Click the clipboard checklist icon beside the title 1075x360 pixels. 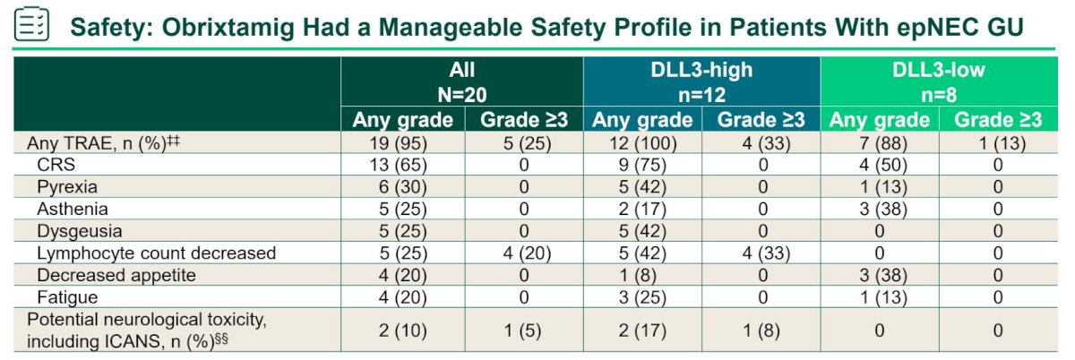click(x=31, y=24)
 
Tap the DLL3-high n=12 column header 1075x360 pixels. click(x=701, y=82)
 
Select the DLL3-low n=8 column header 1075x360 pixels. click(x=939, y=82)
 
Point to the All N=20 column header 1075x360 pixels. click(x=461, y=82)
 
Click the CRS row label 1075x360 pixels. click(x=56, y=165)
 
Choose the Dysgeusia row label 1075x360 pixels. click(x=80, y=231)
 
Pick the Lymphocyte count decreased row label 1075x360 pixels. click(x=157, y=253)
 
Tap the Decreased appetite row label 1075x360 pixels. click(x=116, y=276)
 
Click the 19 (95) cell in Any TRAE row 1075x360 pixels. click(x=399, y=143)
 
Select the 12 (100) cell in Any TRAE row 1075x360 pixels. click(x=642, y=143)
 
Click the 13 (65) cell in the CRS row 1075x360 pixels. click(x=399, y=165)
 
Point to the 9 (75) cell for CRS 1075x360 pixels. click(x=642, y=165)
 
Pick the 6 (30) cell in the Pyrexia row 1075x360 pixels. click(x=402, y=187)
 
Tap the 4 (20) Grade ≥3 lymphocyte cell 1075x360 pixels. click(x=527, y=253)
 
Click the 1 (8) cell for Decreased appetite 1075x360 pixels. click(x=642, y=276)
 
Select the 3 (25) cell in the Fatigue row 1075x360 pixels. click(x=642, y=297)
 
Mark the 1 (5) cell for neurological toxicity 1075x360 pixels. click(x=522, y=330)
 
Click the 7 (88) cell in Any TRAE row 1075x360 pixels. click(x=883, y=143)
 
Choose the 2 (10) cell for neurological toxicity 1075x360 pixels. click(x=402, y=330)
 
